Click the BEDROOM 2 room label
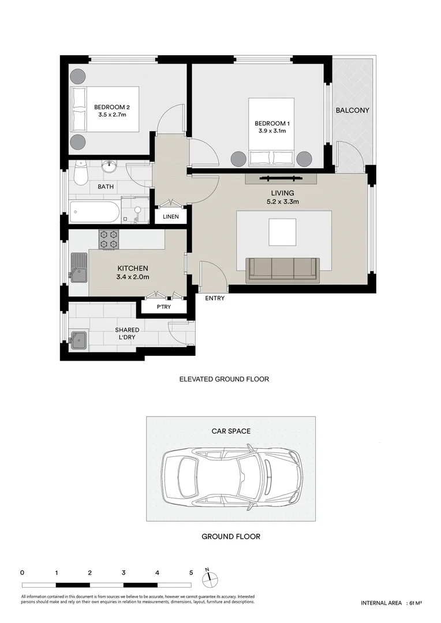[110, 107]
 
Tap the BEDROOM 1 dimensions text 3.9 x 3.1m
[271, 131]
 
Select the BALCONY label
[352, 110]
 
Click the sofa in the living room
[282, 270]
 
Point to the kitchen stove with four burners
[108, 239]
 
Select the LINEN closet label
[170, 217]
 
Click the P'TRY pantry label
[164, 307]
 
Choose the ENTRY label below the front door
[215, 298]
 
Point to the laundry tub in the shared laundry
[77, 340]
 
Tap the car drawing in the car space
[231, 476]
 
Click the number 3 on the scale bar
[124, 573]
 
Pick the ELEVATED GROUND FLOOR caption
[224, 380]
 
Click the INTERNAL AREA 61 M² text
[391, 603]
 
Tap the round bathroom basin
[109, 167]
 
